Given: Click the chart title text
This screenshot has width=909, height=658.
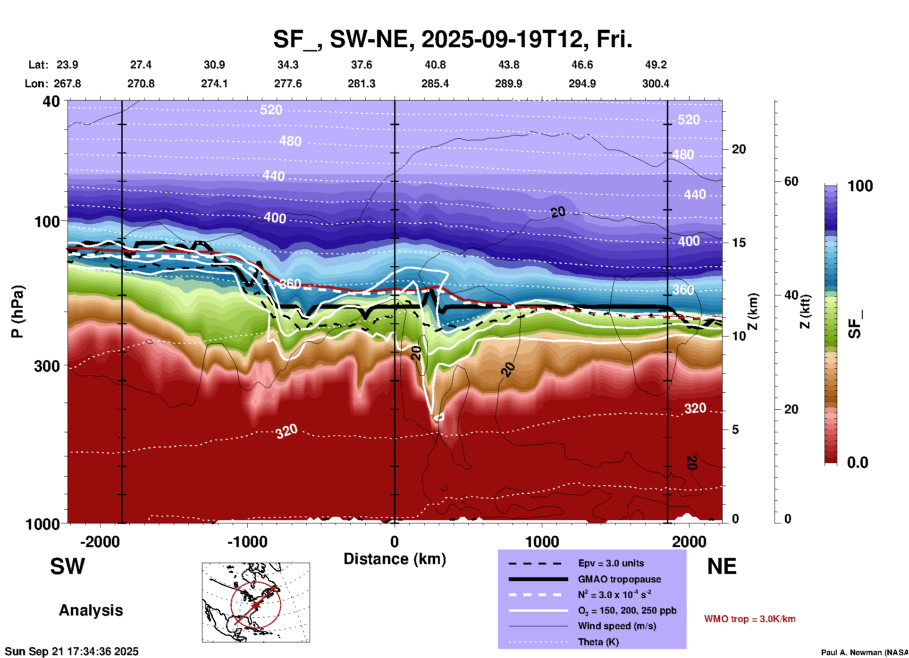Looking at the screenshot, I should [x=452, y=39].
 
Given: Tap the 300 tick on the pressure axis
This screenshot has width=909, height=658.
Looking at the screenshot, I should [x=47, y=366].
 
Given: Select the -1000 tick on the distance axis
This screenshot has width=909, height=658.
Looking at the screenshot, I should [x=247, y=542].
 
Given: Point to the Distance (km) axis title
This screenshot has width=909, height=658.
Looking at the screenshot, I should [x=395, y=559].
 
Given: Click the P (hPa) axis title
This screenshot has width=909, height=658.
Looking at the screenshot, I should [x=17, y=312].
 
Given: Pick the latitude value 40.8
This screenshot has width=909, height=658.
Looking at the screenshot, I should [x=435, y=65].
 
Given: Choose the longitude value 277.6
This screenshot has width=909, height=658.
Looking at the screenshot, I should [x=288, y=84].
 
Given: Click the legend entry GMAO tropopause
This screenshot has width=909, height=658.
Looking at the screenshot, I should [x=619, y=579].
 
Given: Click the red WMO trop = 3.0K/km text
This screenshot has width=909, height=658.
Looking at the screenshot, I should [x=749, y=619].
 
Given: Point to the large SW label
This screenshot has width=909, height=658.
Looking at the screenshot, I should [x=67, y=566].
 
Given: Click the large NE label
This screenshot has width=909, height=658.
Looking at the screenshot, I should [x=722, y=566].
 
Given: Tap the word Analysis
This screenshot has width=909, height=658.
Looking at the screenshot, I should [x=91, y=610].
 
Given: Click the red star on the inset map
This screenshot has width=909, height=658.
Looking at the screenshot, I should [x=255, y=605].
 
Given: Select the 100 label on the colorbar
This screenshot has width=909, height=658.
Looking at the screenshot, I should [x=860, y=186].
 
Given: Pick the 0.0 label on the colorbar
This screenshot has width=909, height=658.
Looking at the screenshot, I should [x=858, y=463].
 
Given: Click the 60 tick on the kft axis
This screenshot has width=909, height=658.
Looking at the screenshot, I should [x=791, y=181].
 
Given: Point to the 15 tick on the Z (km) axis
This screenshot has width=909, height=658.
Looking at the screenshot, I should [x=739, y=243].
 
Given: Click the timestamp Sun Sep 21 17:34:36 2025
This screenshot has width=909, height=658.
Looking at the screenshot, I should [x=72, y=651].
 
